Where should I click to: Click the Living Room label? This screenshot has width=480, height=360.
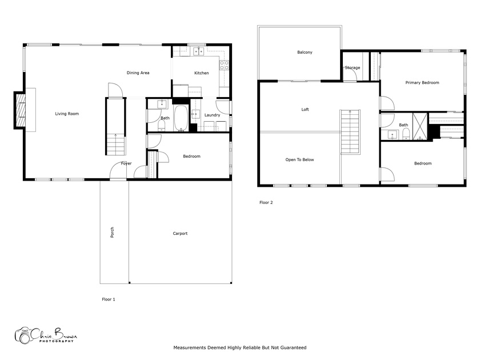tap(67, 114)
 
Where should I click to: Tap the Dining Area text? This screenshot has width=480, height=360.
tap(138, 73)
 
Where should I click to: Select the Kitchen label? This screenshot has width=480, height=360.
tap(201, 73)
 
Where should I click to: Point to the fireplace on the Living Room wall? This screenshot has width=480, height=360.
tap(20, 110)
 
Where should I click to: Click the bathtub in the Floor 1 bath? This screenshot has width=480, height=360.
tap(181, 118)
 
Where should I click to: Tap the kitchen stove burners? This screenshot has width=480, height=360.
tap(224, 65)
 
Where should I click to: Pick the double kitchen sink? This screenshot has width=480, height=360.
tap(198, 51)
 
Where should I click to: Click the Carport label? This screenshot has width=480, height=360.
tap(180, 233)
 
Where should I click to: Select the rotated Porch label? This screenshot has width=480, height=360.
tap(112, 233)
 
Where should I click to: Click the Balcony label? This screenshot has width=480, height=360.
tap(305, 53)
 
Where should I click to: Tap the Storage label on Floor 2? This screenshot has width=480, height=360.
tap(353, 67)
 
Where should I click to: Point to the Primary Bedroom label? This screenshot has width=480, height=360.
tap(422, 83)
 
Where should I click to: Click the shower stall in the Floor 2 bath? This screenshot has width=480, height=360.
tap(420, 126)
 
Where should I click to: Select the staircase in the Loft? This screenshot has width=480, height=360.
tap(350, 132)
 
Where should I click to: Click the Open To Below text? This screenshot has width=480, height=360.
tap(299, 159)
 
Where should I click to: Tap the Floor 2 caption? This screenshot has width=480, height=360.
tap(266, 202)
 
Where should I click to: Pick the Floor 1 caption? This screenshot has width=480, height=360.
tap(109, 299)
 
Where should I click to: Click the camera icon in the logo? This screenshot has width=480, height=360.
tap(23, 335)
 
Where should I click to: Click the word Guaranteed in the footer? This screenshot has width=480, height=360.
tap(293, 347)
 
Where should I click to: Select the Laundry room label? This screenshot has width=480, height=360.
tap(212, 115)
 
